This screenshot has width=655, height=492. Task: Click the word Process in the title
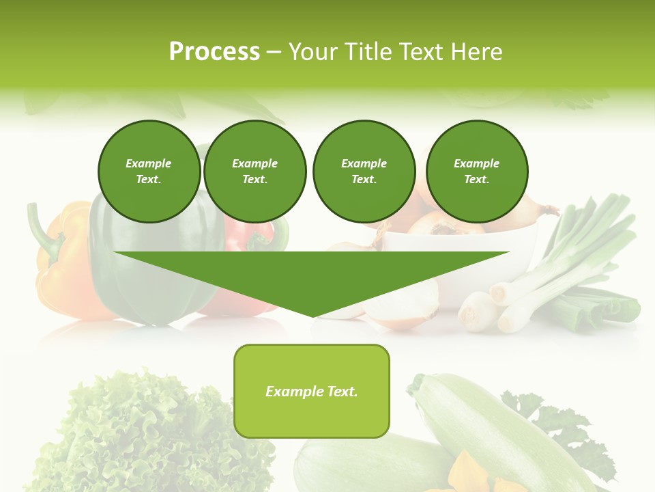[214, 52]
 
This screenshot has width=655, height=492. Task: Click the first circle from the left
[149, 172]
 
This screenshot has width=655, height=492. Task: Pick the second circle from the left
[254, 172]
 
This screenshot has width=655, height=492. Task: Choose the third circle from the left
[364, 172]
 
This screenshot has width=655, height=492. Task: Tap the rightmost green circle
[476, 172]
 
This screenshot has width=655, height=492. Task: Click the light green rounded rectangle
[312, 391]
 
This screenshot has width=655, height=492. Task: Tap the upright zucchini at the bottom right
[491, 424]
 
